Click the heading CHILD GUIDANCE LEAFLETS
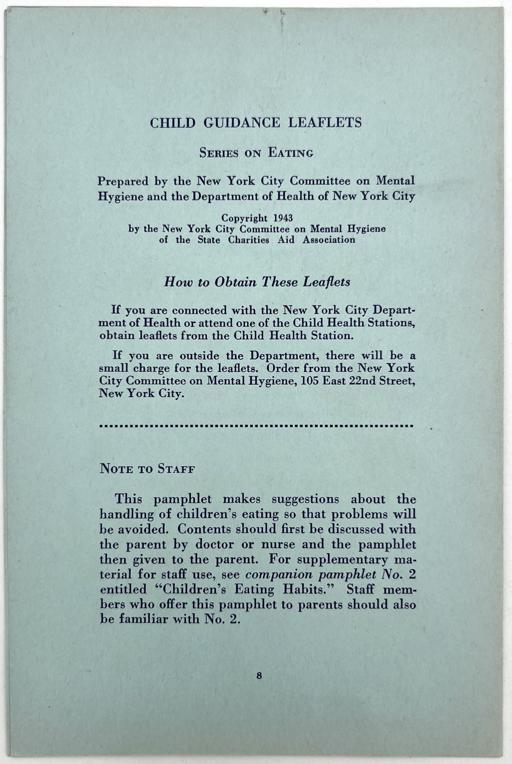click(x=255, y=123)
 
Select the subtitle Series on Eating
click(x=256, y=153)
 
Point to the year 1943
click(x=283, y=218)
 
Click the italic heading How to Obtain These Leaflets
click(x=257, y=282)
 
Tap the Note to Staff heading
click(x=147, y=469)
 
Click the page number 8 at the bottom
click(x=259, y=676)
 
